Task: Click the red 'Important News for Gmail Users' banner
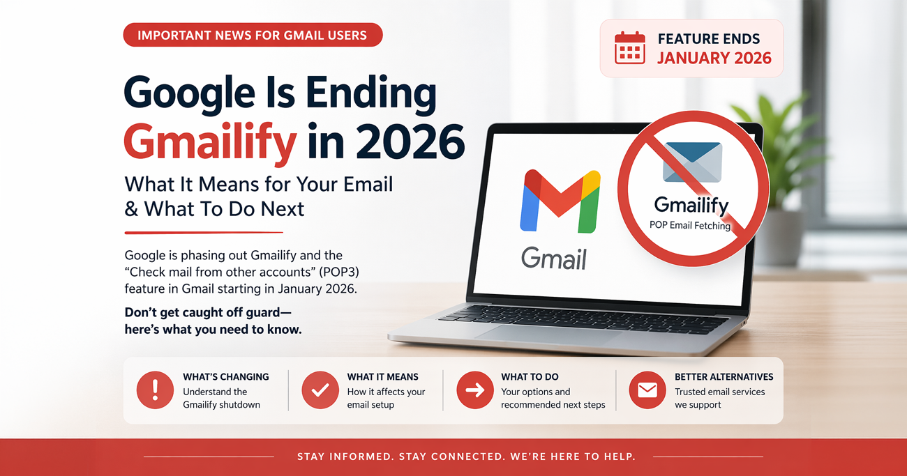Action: point(253,35)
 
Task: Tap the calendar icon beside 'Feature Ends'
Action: point(629,48)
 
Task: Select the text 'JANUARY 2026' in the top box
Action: point(714,58)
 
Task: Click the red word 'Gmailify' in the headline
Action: point(210,142)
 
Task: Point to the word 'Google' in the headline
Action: point(195,95)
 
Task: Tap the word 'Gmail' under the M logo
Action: point(554,259)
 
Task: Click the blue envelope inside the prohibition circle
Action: point(692,162)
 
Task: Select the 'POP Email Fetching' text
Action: point(689,225)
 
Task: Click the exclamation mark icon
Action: point(155,390)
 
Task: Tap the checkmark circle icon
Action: point(320,390)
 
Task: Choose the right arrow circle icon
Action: point(474,390)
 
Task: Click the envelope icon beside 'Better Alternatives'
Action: point(647,390)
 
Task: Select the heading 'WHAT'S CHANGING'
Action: point(225,377)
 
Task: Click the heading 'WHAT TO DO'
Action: point(530,377)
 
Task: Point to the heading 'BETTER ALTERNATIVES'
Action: point(724,377)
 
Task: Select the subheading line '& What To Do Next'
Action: point(214,208)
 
